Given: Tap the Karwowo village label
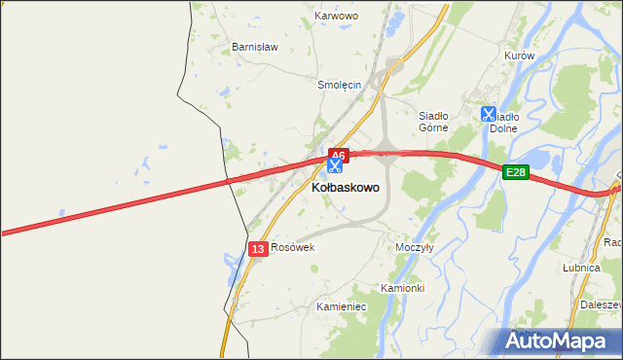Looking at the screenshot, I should [337, 17].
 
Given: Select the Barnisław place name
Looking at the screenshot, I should [255, 47].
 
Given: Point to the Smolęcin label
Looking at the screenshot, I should [340, 85].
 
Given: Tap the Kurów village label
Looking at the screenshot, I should [520, 56].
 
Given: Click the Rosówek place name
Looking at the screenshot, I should [293, 248].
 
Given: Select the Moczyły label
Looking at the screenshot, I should [415, 247].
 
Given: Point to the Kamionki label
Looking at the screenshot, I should [402, 289].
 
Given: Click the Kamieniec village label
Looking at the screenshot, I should [341, 306].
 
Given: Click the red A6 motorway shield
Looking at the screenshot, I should [338, 155].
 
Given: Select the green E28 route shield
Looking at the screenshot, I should [516, 172].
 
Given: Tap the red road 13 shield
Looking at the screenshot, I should [257, 249].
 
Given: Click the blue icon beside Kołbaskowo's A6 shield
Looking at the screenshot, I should [335, 166].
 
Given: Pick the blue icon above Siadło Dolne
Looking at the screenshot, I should [488, 114].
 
